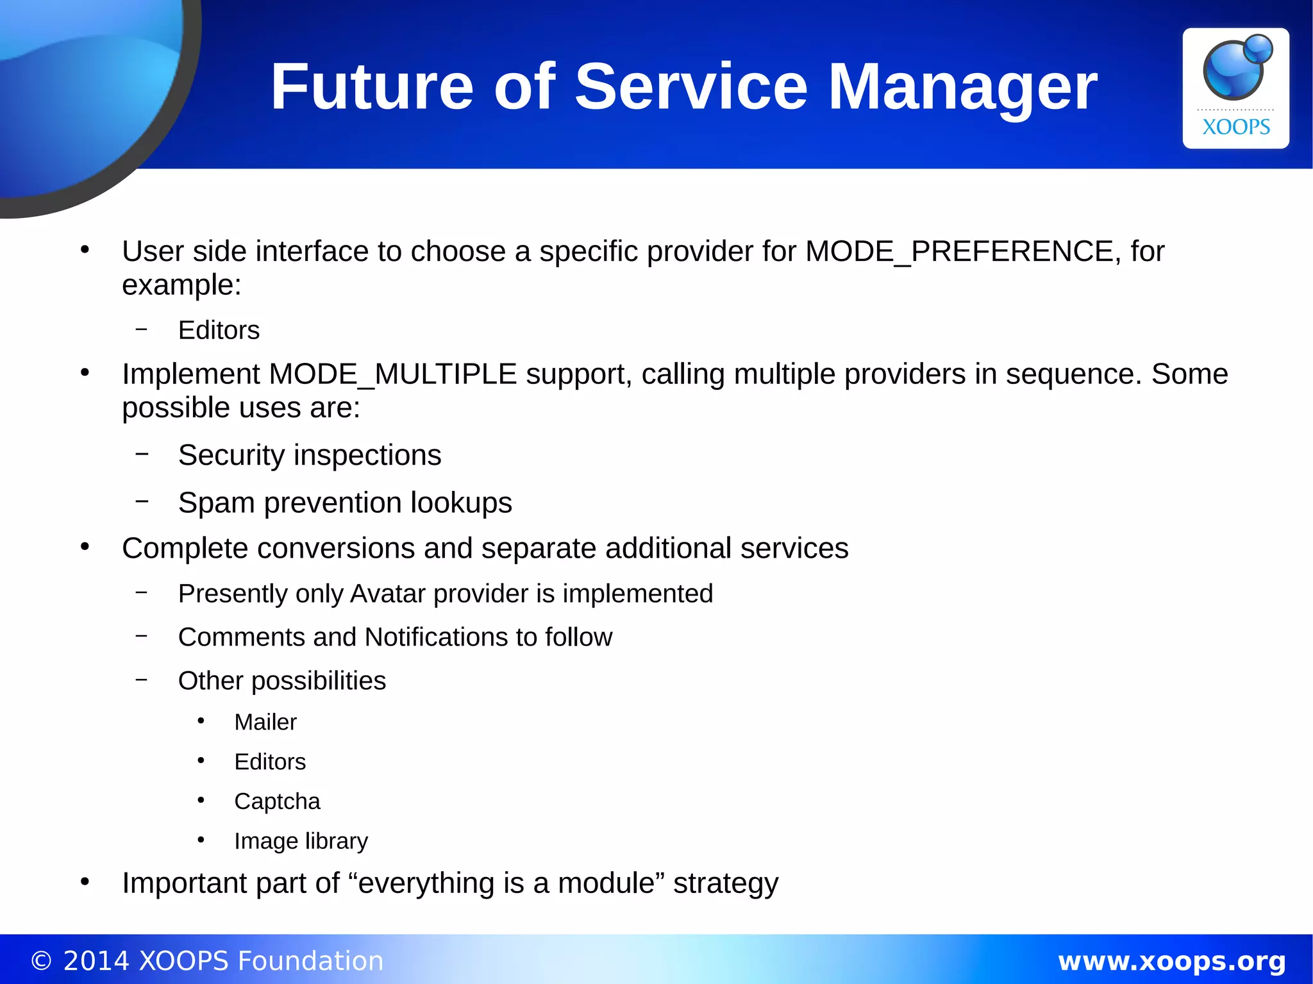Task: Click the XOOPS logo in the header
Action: coord(1235,88)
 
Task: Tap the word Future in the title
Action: coord(372,87)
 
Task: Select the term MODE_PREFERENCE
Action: coord(959,251)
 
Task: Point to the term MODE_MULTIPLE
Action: coord(392,374)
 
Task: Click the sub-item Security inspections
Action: coord(310,455)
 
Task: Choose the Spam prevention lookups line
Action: coord(345,503)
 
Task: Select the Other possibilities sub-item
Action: coord(282,681)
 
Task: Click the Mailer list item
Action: coord(265,722)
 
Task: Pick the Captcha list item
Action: coord(277,801)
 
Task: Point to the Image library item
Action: coord(301,841)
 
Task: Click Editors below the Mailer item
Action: coord(270,762)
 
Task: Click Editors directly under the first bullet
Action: coord(219,331)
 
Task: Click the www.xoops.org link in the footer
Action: coord(1171,961)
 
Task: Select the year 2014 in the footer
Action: coord(96,961)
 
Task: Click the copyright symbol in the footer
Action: coord(41,962)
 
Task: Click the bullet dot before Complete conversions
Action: coord(85,547)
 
